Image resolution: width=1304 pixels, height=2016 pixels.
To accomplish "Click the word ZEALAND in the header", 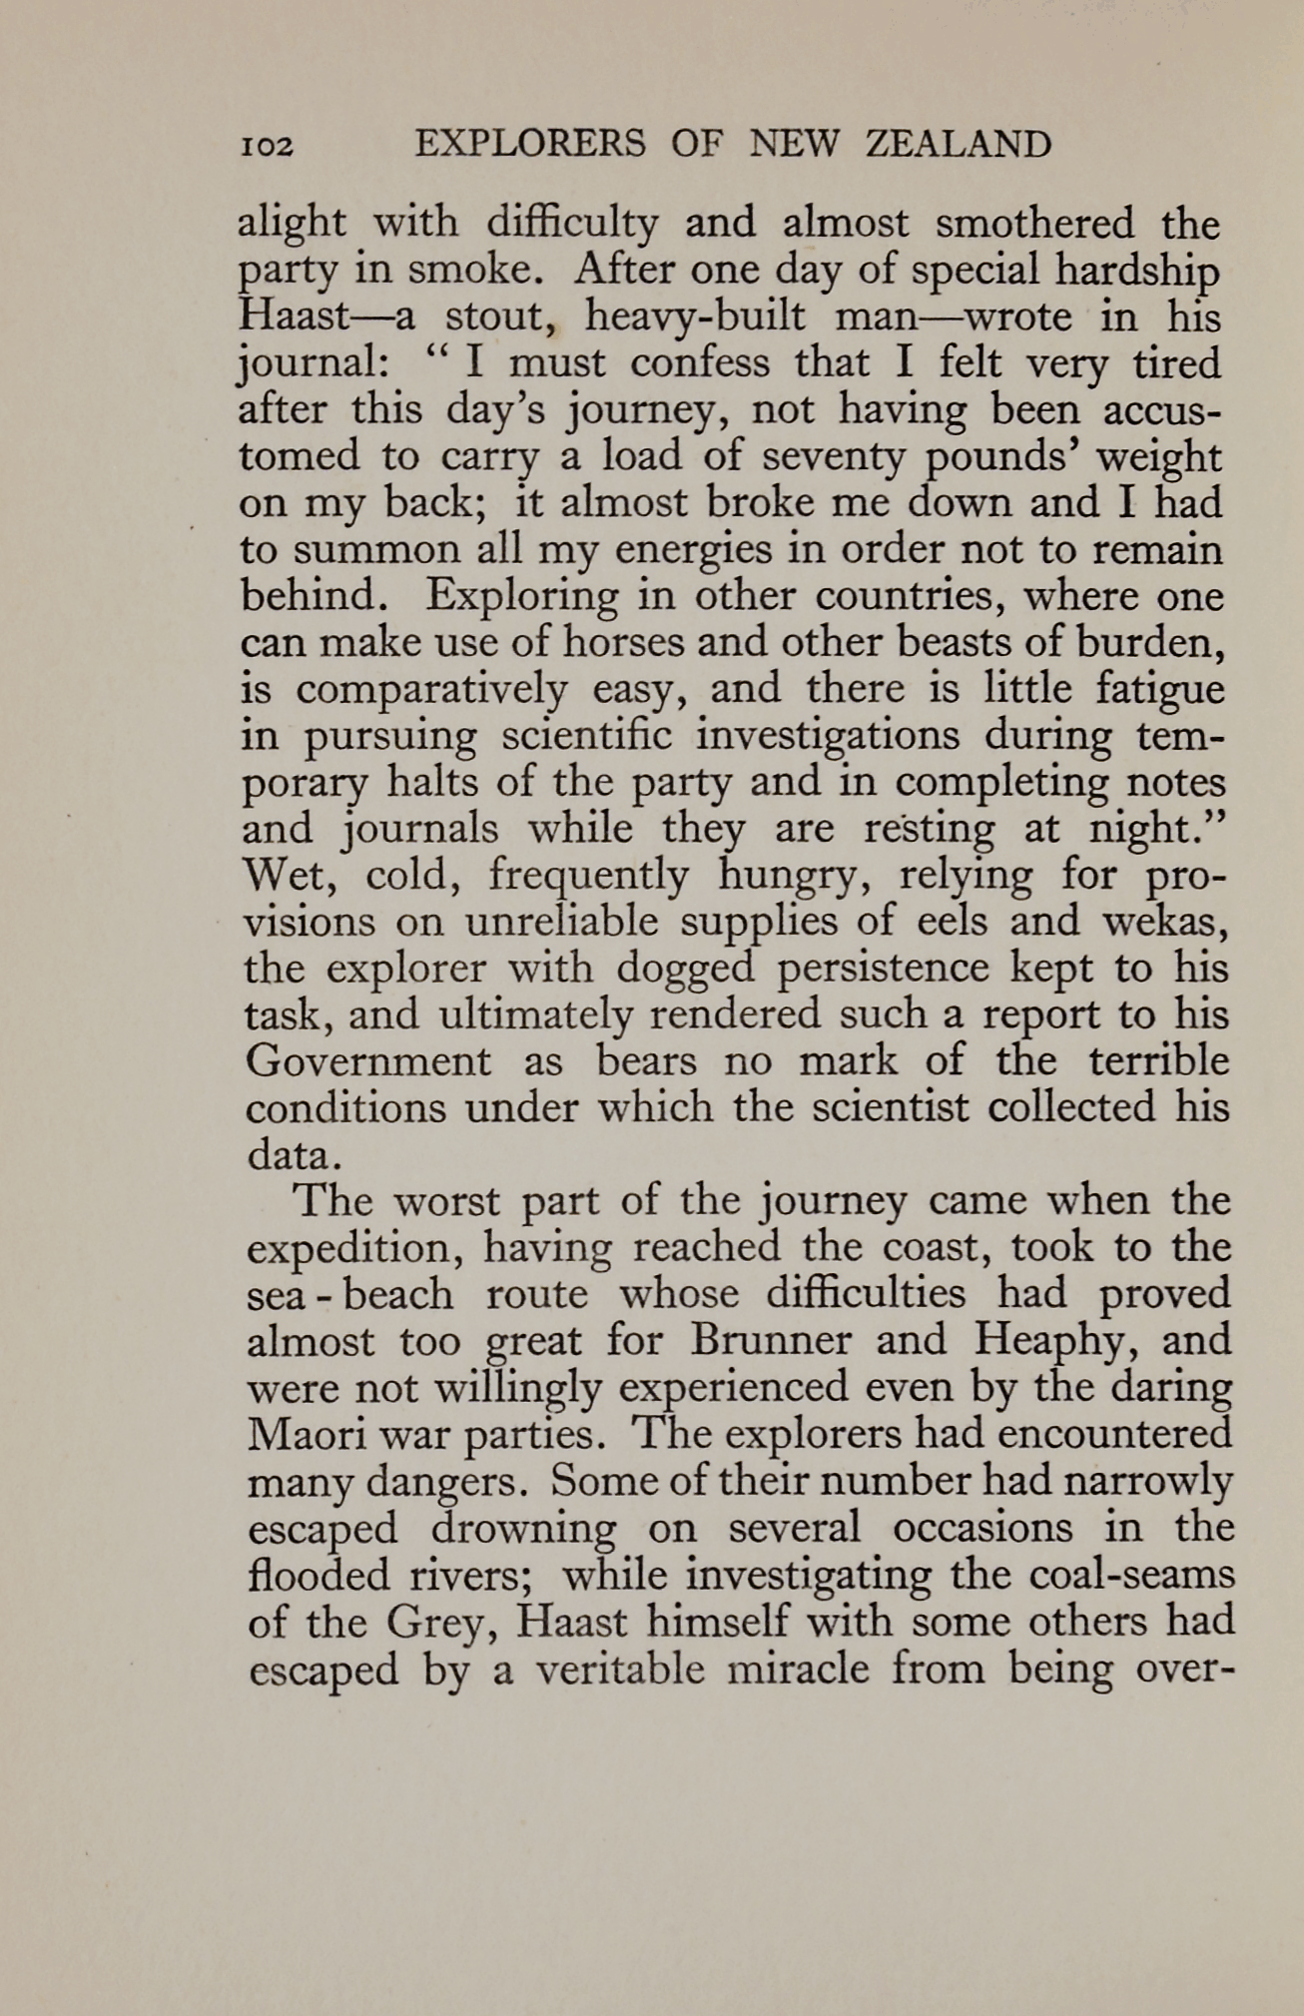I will (x=958, y=145).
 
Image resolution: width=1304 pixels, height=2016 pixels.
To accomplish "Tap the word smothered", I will (x=1034, y=224).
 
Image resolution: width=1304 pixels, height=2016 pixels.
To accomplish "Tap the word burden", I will (x=1161, y=643).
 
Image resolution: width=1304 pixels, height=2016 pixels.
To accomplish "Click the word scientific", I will (x=586, y=736).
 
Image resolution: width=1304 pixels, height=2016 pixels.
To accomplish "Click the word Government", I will (x=368, y=1060).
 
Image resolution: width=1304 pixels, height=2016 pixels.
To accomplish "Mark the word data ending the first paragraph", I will (x=293, y=1154).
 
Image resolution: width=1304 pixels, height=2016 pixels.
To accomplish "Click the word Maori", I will (x=301, y=1434).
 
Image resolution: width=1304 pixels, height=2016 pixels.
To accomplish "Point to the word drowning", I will (x=523, y=1528).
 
